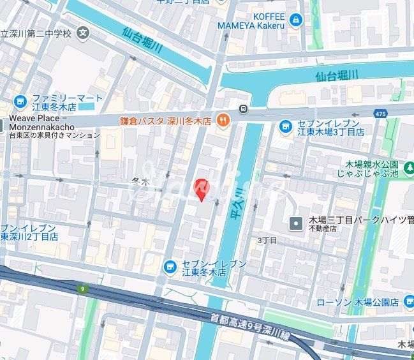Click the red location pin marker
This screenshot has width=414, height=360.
201,188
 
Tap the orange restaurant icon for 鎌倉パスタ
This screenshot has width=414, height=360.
223,119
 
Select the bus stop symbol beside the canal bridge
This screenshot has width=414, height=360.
243,109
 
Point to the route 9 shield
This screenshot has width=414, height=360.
82,289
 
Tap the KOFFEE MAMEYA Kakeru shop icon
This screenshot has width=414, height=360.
295,20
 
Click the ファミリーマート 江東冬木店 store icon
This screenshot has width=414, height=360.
20,101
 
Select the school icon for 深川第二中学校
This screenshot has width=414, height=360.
83,33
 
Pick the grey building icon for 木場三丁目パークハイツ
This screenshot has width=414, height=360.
296,223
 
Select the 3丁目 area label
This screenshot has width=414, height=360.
267,240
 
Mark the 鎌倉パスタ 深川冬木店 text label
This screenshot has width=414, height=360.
166,120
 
